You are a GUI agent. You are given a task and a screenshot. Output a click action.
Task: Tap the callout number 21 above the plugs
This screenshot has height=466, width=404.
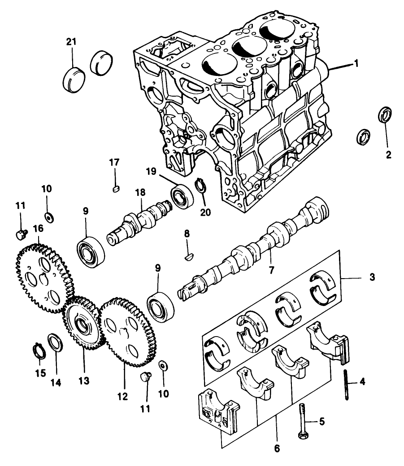72,42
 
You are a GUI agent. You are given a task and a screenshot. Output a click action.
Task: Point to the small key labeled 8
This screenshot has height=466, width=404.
188,257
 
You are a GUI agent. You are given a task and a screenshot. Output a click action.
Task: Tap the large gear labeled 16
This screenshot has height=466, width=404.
43,278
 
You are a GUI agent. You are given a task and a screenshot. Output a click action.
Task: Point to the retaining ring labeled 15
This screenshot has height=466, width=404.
39,351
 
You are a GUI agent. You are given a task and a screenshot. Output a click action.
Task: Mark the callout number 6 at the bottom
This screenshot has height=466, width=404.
277,448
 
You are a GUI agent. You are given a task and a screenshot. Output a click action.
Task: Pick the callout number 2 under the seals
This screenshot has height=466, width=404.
388,155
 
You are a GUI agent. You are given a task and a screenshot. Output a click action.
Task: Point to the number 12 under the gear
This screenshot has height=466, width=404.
122,397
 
